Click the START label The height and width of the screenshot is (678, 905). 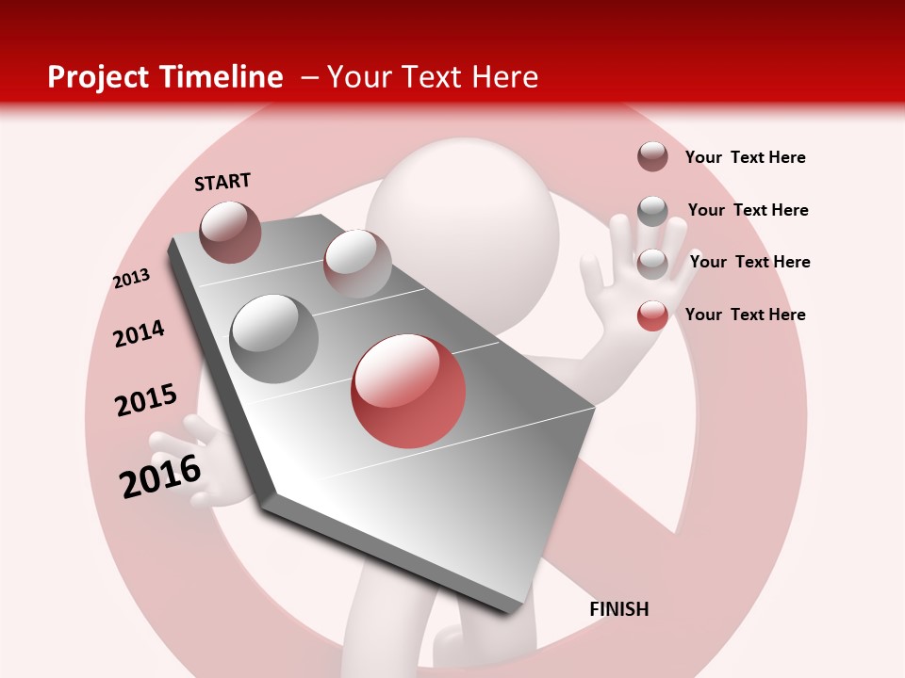pyautogui.click(x=222, y=182)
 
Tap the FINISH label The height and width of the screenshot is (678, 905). pyautogui.click(x=618, y=609)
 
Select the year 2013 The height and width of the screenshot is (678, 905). pyautogui.click(x=132, y=279)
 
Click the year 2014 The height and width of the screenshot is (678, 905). pyautogui.click(x=139, y=333)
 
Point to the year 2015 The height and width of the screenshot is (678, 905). pyautogui.click(x=145, y=400)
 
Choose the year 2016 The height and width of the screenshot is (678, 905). pyautogui.click(x=160, y=476)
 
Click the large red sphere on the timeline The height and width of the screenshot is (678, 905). pyautogui.click(x=408, y=391)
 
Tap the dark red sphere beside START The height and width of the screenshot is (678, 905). pyautogui.click(x=230, y=232)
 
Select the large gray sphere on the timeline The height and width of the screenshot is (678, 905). pyautogui.click(x=274, y=338)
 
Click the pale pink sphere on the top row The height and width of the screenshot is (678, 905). pyautogui.click(x=356, y=264)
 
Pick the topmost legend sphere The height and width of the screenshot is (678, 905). pyautogui.click(x=652, y=156)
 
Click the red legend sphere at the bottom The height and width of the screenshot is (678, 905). pyautogui.click(x=652, y=315)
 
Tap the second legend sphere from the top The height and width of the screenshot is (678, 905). pyautogui.click(x=652, y=211)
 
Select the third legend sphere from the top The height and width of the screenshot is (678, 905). pyautogui.click(x=652, y=264)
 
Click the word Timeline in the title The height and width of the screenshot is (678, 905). pyautogui.click(x=222, y=77)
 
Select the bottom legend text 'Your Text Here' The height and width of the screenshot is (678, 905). pyautogui.click(x=745, y=315)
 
